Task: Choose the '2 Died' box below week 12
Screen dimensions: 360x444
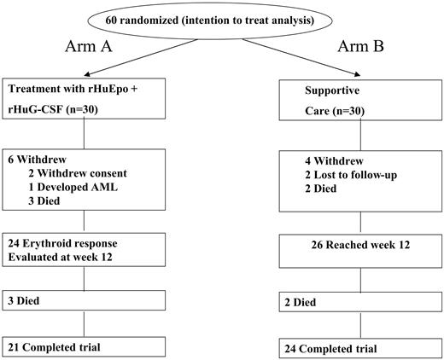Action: pos(350,302)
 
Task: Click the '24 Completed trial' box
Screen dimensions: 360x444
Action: pos(350,347)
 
